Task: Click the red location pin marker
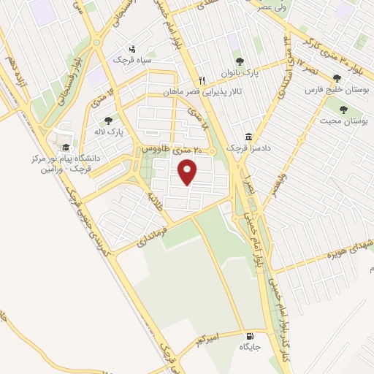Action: (x=188, y=172)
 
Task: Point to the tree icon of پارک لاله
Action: (x=109, y=121)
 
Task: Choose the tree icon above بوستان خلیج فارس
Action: (x=337, y=78)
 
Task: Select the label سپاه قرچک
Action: (x=131, y=59)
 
